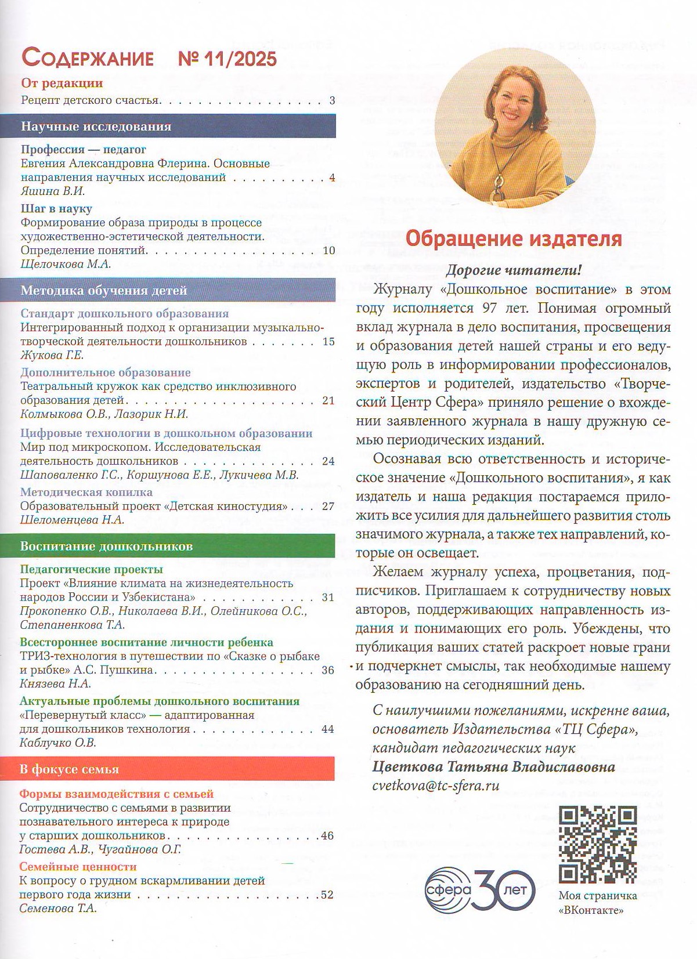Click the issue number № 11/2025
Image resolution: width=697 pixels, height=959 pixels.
(229, 59)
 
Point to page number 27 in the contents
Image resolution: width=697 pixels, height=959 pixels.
(328, 506)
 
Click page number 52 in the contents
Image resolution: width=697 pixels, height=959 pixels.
(327, 895)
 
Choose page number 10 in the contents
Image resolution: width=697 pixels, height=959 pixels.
(328, 251)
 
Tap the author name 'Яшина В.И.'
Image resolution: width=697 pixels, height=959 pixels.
(53, 191)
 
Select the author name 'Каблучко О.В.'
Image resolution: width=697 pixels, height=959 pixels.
(58, 743)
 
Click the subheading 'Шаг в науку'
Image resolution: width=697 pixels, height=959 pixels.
(56, 208)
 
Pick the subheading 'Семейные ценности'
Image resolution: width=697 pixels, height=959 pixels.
(78, 867)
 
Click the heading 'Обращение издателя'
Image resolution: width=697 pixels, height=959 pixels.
(513, 239)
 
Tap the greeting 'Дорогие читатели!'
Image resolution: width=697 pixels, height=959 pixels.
(513, 270)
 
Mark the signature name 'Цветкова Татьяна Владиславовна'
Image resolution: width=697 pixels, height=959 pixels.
(493, 767)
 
